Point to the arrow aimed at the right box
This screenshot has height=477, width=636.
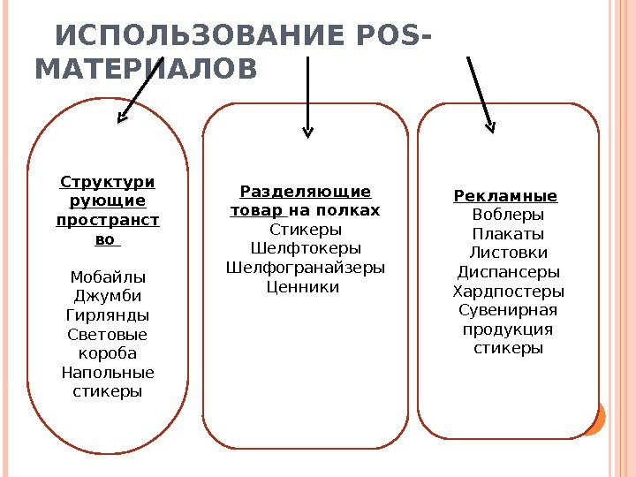(x=481, y=93)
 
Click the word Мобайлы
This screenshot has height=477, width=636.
(x=108, y=276)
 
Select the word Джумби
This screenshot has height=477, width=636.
(x=108, y=296)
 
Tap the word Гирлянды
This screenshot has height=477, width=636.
(x=108, y=315)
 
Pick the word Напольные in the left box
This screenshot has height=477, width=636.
(x=108, y=372)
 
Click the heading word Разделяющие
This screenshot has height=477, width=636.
(x=306, y=192)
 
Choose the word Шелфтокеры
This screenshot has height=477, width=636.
(x=306, y=248)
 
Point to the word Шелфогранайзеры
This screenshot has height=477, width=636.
(x=306, y=268)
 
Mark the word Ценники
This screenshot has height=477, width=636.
(x=303, y=286)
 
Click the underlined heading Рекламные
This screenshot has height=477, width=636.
(x=506, y=195)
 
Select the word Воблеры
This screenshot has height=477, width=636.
(x=509, y=215)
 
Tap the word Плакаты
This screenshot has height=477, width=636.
(x=509, y=234)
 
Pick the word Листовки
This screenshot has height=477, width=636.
(x=509, y=253)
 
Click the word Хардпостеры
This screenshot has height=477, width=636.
(x=509, y=291)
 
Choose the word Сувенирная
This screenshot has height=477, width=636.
(x=509, y=310)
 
